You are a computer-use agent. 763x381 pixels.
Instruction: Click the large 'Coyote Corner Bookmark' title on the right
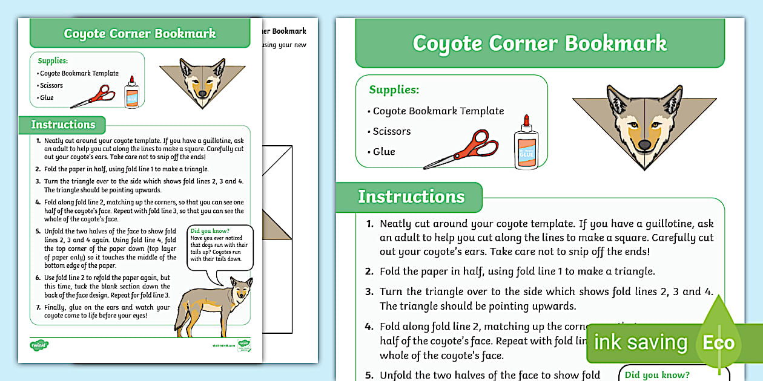pyautogui.click(x=539, y=43)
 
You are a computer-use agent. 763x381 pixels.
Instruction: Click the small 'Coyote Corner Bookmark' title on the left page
pyautogui.click(x=140, y=33)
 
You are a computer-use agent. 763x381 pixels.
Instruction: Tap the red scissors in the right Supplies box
pyautogui.click(x=462, y=149)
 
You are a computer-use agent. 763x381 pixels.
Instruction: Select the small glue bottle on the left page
pyautogui.click(x=131, y=93)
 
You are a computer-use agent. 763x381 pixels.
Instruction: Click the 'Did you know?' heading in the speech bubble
pyautogui.click(x=210, y=231)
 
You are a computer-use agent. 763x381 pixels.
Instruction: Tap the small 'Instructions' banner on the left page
pyautogui.click(x=63, y=125)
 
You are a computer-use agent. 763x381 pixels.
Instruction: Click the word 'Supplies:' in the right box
pyautogui.click(x=394, y=90)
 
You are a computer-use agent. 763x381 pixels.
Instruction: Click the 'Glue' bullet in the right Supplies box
pyautogui.click(x=383, y=151)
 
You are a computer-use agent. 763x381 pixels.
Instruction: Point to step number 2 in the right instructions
pyautogui.click(x=369, y=272)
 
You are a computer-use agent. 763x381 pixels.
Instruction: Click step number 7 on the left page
pyautogui.click(x=38, y=307)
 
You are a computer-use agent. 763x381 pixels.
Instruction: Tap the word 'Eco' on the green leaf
pyautogui.click(x=718, y=343)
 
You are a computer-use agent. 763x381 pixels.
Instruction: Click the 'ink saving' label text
pyautogui.click(x=640, y=343)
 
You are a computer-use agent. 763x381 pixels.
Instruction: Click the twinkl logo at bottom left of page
pyautogui.click(x=39, y=345)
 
